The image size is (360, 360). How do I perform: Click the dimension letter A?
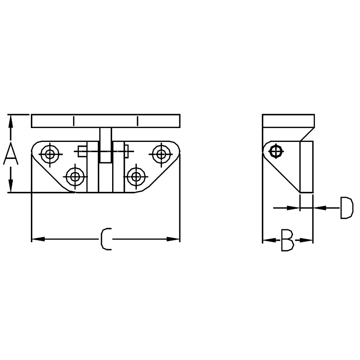coord(11,153)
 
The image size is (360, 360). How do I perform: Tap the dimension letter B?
coord(287,240)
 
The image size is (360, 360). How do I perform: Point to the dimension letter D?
coord(346,208)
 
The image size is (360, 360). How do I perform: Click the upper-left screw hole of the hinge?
coord(49,154)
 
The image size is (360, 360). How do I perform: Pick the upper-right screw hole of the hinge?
coord(161,154)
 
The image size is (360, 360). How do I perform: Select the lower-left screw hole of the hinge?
coord(75,176)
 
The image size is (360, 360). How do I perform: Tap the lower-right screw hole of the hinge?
coord(136,176)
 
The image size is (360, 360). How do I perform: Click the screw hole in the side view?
coord(276,152)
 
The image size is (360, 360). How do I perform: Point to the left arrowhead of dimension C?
coord(38,239)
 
